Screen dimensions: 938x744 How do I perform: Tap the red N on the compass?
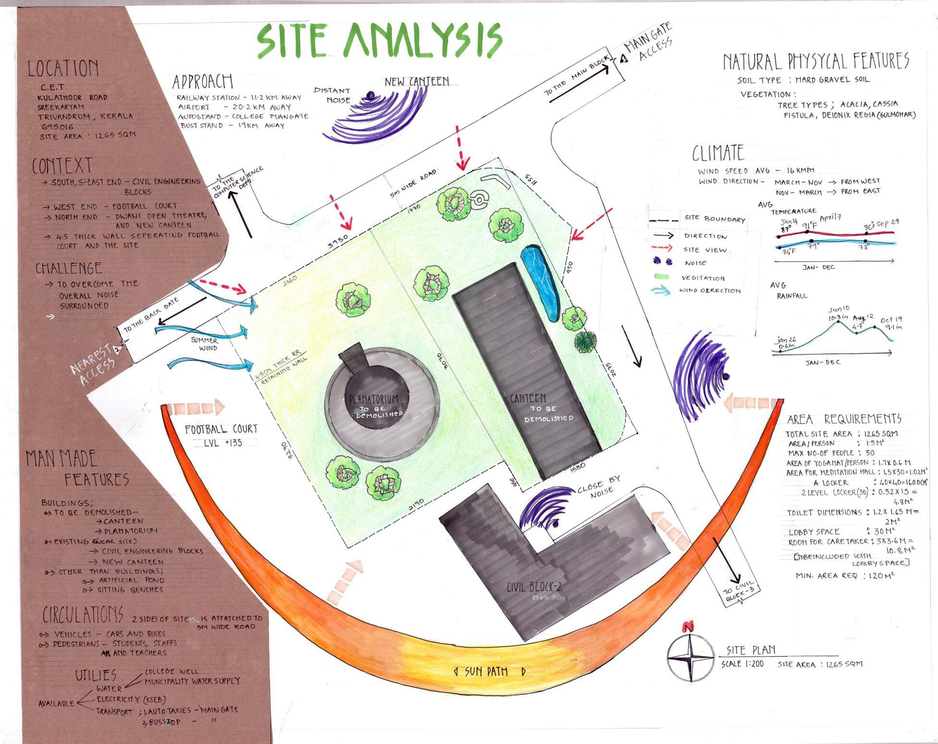click(688, 627)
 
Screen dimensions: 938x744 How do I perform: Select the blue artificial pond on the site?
click(540, 283)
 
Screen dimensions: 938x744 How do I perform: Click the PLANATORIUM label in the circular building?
click(374, 399)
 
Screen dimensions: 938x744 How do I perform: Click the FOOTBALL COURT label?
click(221, 429)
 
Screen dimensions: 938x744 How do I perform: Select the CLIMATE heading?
click(718, 153)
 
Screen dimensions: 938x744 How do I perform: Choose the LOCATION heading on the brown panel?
click(63, 68)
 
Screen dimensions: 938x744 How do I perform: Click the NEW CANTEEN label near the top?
click(417, 82)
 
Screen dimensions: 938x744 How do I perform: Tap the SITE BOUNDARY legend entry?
click(715, 219)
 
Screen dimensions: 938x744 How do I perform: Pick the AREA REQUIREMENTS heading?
click(843, 419)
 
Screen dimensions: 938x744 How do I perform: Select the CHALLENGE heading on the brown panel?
click(69, 268)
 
